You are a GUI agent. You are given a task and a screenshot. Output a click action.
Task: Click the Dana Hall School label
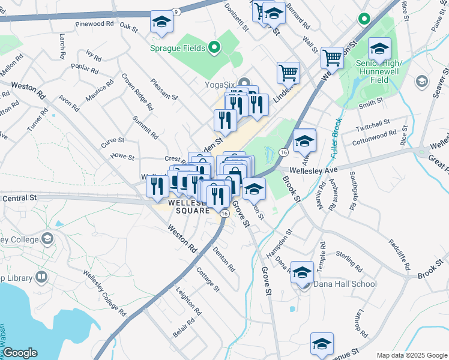pos(344,284)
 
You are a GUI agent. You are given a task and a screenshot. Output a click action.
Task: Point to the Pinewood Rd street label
pos(95,24)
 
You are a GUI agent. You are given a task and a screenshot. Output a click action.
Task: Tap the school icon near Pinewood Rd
pos(161,23)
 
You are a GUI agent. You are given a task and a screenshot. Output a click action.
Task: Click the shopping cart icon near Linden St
pos(288,73)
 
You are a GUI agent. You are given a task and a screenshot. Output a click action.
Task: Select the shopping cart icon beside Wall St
pos(332,58)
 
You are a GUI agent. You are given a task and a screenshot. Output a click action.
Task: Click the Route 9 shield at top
pos(176,11)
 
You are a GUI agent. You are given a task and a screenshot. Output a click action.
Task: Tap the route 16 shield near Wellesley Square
pos(225,213)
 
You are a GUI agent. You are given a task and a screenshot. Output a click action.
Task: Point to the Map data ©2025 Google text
pos(411,355)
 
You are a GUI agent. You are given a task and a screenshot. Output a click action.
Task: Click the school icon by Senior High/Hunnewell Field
pos(379,49)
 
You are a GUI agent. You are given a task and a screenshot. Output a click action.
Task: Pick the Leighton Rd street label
pos(186,299)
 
